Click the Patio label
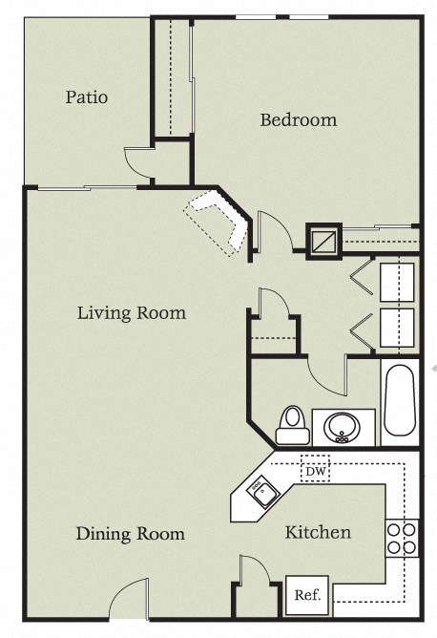pos(86,97)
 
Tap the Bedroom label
pos(299,120)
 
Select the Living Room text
pos(132,312)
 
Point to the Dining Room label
pos(130,533)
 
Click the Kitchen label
pos(318,532)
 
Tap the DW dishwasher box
pos(315,469)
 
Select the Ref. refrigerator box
pos(306,594)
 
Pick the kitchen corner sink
pos(259,493)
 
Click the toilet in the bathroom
pos(292,426)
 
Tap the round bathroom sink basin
pos(341,426)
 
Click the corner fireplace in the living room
pos(218,221)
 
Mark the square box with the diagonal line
pos(323,242)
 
